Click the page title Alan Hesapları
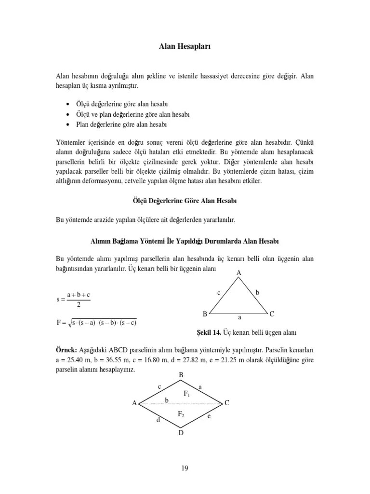coord(185,47)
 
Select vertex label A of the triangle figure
coord(238,273)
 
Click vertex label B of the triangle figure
coord(205,314)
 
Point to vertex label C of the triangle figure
coord(272,314)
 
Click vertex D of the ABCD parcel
coord(181,433)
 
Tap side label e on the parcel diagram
coord(209,416)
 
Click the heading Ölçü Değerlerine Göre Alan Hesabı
coord(185,200)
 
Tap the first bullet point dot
coord(66,104)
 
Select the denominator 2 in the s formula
coord(78,304)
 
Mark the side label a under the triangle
coord(239,318)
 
